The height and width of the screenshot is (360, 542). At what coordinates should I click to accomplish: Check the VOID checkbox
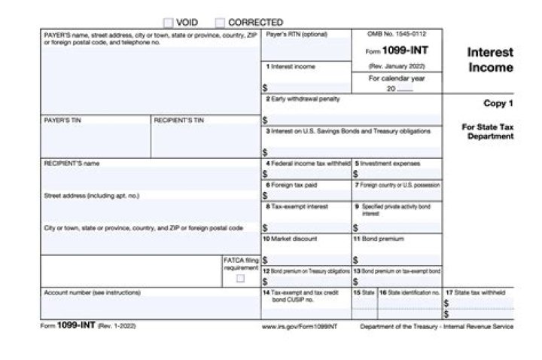(169, 23)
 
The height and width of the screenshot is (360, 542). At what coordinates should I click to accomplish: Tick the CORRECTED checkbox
(221, 23)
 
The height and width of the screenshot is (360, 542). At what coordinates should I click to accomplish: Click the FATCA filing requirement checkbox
(240, 278)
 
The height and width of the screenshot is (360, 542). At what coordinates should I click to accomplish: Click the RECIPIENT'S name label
(72, 163)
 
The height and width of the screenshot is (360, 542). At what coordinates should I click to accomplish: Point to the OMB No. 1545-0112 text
(396, 34)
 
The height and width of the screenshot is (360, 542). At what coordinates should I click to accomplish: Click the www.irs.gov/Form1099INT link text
(300, 327)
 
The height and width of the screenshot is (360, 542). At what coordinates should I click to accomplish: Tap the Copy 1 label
(498, 103)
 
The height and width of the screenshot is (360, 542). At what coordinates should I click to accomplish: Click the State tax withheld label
(474, 291)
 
